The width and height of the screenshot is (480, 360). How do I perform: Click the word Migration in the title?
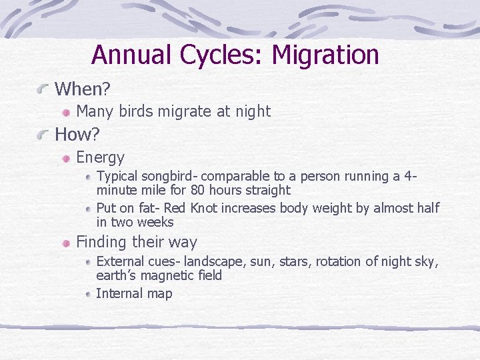click(325, 55)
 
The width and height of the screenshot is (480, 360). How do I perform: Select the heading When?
click(82, 89)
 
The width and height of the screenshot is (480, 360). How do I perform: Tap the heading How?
click(77, 135)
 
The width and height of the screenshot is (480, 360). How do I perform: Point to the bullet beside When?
click(43, 89)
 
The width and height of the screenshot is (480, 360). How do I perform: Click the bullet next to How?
click(43, 135)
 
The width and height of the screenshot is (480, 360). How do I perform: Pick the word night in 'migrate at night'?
click(251, 111)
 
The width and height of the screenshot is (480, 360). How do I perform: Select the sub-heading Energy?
click(100, 157)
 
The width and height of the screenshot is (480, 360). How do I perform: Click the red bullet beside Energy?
click(67, 159)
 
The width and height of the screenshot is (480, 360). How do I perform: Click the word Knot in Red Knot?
click(204, 208)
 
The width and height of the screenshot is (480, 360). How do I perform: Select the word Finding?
click(102, 242)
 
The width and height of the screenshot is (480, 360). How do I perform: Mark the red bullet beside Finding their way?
click(67, 243)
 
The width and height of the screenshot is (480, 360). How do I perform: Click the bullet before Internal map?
click(89, 295)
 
